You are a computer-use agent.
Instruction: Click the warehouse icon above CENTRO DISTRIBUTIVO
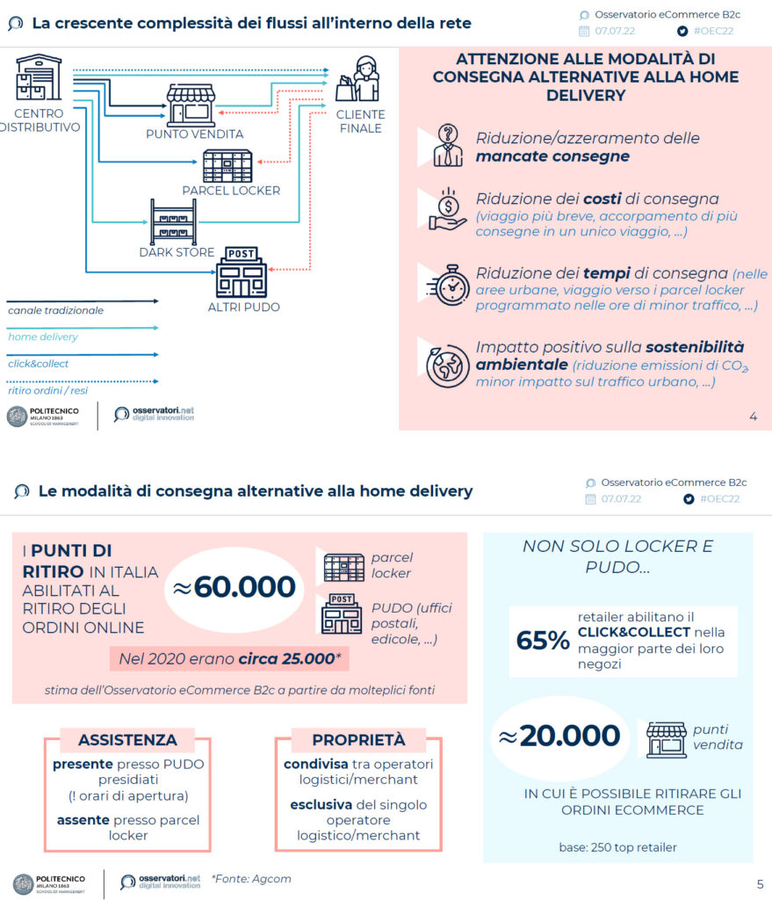(39, 77)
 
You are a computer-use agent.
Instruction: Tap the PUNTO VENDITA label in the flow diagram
(194, 134)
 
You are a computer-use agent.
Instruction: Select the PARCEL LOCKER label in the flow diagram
(231, 191)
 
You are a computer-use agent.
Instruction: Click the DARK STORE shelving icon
(173, 222)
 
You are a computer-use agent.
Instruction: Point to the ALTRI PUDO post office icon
(241, 272)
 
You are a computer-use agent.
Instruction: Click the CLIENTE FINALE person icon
(361, 80)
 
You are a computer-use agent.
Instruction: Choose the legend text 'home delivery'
(43, 337)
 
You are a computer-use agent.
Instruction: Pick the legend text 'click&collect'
(39, 364)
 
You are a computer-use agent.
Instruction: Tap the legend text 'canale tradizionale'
(56, 310)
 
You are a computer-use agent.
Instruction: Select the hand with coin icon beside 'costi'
(447, 210)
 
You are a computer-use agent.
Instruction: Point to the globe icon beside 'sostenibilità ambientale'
(447, 362)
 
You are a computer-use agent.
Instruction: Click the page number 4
(753, 417)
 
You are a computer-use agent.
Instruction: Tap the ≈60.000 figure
(234, 587)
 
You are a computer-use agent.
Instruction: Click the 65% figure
(543, 642)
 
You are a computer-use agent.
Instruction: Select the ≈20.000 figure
(561, 737)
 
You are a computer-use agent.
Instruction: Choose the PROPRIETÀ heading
(358, 740)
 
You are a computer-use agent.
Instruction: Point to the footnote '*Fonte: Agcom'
(251, 878)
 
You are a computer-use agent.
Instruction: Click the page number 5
(760, 883)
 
